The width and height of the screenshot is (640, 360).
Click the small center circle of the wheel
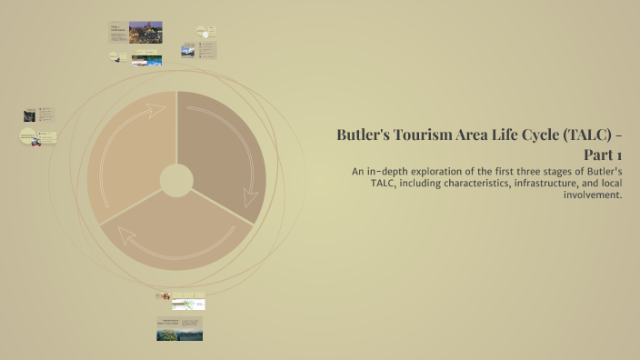pos(176,180)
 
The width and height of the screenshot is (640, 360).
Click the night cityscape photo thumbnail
pos(145,33)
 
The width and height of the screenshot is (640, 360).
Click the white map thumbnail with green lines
pos(188,304)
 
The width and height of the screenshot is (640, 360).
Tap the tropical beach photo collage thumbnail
pos(147,61)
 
